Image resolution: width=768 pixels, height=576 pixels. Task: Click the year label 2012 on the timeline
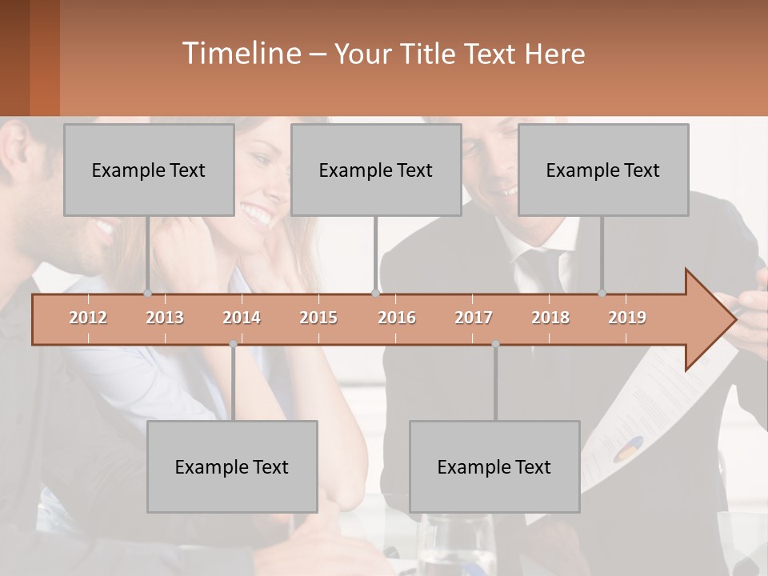coord(88,318)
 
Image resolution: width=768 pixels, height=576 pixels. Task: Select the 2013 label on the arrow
coord(165,318)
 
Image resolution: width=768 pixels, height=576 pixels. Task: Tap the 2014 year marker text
coord(242,318)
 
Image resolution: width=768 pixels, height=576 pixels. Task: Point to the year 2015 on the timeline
coord(318,318)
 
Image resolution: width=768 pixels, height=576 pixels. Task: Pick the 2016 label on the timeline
coord(397,318)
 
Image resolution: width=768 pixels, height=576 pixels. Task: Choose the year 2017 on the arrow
coord(474,318)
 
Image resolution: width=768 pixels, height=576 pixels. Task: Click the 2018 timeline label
coord(550,318)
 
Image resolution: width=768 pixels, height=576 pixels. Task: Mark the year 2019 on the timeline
coord(627,318)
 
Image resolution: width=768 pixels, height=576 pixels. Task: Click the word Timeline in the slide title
coord(240,54)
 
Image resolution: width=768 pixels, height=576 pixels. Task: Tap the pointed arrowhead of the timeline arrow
coord(716,320)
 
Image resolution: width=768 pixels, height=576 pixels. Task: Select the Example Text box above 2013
coord(149,170)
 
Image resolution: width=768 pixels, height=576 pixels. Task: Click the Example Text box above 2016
coord(376,170)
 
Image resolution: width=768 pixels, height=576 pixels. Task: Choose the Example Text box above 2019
coord(603,170)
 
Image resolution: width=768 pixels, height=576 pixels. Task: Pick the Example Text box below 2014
coord(232,466)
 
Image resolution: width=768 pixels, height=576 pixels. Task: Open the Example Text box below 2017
coord(494,466)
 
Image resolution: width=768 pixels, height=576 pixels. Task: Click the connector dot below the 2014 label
coord(233,344)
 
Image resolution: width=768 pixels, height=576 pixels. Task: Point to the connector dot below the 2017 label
coord(495,344)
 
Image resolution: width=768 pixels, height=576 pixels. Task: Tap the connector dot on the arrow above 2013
coord(147,294)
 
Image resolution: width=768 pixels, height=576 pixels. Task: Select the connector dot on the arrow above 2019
coord(602,294)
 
